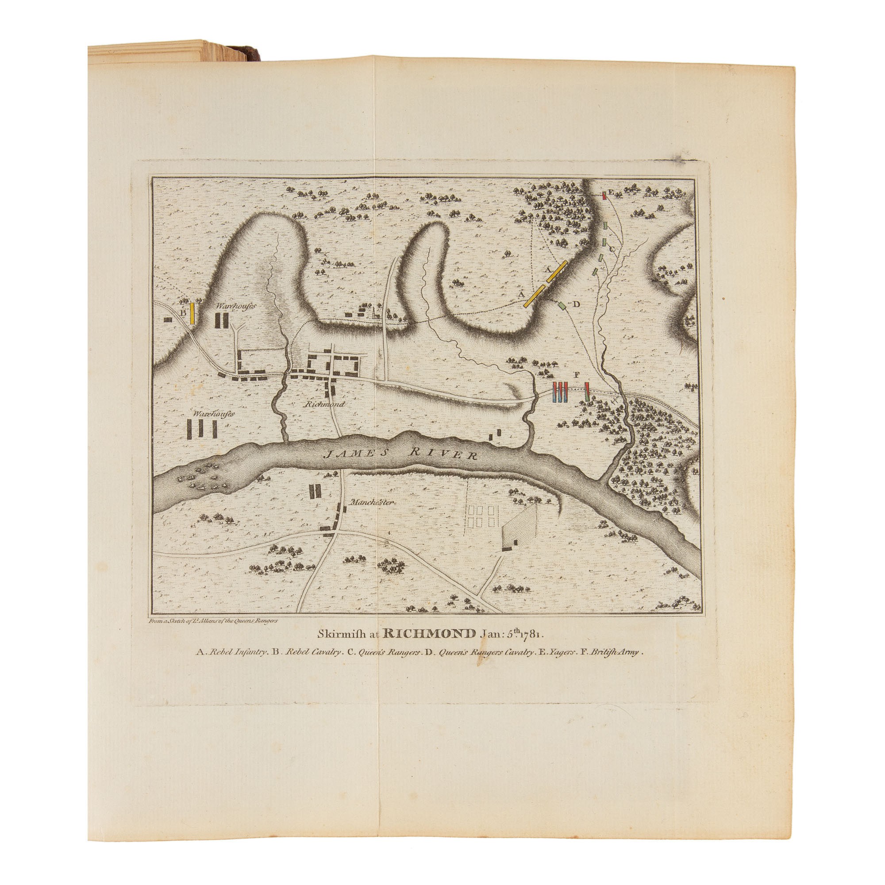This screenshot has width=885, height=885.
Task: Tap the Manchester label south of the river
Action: [371, 502]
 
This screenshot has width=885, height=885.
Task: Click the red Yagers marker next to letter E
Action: [604, 196]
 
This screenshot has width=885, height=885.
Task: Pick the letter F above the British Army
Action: [576, 375]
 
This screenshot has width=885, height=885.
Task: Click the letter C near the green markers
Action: [611, 249]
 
